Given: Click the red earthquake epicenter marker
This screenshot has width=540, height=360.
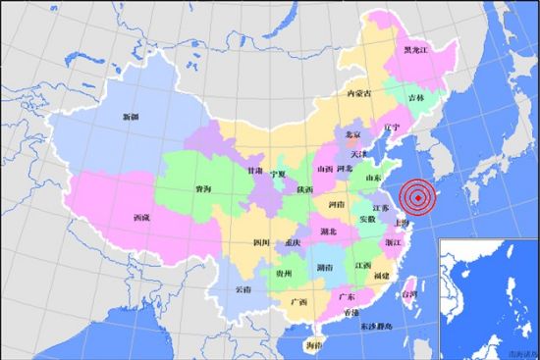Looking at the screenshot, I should coord(419,198).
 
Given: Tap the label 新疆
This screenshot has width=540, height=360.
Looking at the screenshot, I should coord(130,117).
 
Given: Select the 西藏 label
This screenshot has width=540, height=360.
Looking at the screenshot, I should coord(140,218).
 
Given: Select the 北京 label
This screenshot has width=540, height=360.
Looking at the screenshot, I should coord(352,134).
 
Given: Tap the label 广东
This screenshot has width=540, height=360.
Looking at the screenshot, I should coord(346,295).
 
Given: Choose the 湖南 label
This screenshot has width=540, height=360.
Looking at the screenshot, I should coord(323,266).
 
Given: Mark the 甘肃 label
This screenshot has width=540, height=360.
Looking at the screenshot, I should coord(254,171).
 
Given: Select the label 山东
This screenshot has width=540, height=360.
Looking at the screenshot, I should coord(372,179).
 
